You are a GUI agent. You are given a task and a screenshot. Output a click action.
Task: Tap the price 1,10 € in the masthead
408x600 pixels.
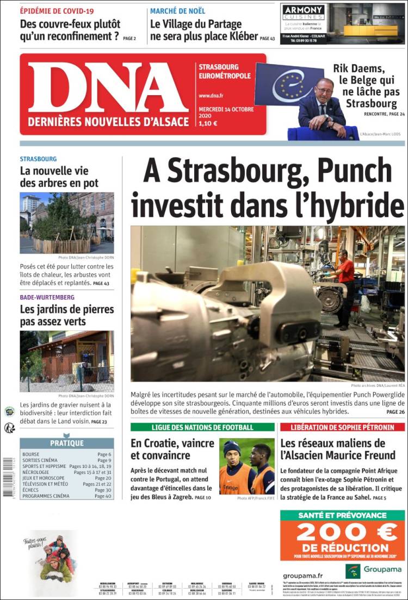coord(208,123)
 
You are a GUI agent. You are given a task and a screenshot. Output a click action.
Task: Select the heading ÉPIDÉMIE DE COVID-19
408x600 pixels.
coord(57,11)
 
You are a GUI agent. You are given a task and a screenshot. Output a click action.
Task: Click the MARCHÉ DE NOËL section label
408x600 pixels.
coord(177,11)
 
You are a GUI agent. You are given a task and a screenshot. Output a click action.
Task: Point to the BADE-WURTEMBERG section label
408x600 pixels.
coord(47,297)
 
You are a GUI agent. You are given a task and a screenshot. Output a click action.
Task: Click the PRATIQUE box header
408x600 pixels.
coord(67,443)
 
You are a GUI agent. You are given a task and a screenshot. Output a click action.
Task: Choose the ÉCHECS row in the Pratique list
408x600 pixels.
coord(33,490)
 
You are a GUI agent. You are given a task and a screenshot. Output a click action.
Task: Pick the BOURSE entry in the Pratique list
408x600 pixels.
coord(32,454)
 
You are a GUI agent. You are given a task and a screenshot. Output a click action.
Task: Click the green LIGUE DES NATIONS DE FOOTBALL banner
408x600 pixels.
coord(202,427)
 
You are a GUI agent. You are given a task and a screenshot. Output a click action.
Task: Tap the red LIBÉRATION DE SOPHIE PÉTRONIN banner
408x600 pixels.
coord(342,427)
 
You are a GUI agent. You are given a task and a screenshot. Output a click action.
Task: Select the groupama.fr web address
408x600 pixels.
coord(303,575)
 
